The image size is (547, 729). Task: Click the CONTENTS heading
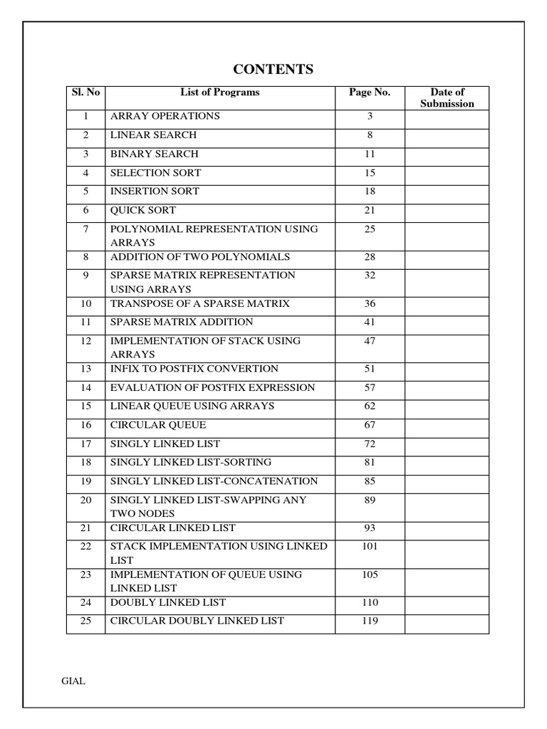[273, 69]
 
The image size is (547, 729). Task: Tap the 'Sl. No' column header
[85, 92]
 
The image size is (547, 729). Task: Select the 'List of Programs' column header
[220, 92]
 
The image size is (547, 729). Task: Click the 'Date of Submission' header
[447, 98]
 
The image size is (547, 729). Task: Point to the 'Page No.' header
[370, 92]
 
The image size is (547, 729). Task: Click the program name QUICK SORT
[143, 210]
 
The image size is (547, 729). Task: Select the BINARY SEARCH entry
[155, 154]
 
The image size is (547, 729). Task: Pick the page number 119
[370, 621]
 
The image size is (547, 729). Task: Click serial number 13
[85, 369]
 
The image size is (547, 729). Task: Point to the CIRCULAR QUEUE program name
[158, 425]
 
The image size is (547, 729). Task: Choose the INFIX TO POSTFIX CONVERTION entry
[194, 369]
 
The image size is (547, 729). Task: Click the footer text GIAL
[73, 681]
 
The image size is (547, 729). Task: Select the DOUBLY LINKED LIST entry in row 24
[168, 602]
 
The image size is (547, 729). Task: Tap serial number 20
[85, 500]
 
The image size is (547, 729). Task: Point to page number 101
[370, 546]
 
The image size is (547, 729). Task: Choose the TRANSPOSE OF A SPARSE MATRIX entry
[200, 303]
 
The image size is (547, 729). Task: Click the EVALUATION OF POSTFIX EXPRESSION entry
[212, 387]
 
